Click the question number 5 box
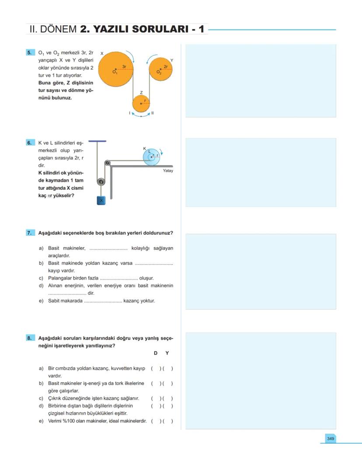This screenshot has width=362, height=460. coord(30,52)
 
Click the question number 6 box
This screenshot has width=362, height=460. coord(30,142)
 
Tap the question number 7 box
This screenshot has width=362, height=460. coord(30,233)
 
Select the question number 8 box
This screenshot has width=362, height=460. coord(30,338)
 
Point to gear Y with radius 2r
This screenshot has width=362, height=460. coord(160,69)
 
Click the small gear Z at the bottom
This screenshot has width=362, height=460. coord(141,104)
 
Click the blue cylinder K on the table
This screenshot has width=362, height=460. coord(152,156)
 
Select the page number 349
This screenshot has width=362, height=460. coord(330,438)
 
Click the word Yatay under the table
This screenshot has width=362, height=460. coord(168,171)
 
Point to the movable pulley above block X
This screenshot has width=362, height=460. coord(101,181)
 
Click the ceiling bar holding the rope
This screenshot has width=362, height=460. coord(97,141)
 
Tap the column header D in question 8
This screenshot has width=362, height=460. coord(155,353)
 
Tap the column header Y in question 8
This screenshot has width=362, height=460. coord(167,353)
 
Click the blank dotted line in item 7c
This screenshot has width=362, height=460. coord(119,278)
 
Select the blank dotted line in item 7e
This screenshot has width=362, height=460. coord(103,301)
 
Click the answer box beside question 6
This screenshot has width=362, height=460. coord(261,173)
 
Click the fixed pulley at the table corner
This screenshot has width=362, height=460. coord(108,163)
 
